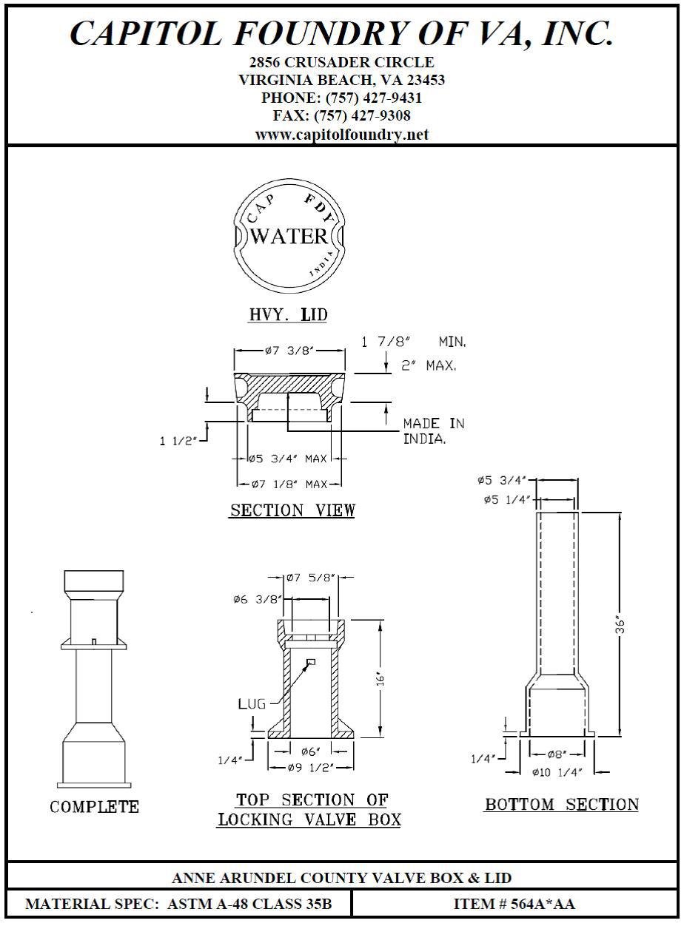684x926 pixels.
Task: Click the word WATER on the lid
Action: point(289,237)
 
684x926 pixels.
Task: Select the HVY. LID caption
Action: point(288,315)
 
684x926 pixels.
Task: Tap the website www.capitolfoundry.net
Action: point(342,135)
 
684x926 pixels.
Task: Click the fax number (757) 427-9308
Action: point(363,116)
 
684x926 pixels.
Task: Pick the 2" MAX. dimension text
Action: point(429,365)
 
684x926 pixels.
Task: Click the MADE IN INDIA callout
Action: point(434,430)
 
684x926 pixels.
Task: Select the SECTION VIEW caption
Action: point(292,510)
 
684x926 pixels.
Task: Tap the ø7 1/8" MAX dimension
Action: point(289,484)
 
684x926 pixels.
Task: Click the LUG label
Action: point(252,704)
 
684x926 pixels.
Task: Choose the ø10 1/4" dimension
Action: point(557,772)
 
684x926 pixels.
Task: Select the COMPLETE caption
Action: point(94,807)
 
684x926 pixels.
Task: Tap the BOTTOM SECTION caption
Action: point(561,805)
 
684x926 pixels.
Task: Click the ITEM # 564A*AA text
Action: point(514,904)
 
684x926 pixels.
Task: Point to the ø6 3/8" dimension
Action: point(257,600)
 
